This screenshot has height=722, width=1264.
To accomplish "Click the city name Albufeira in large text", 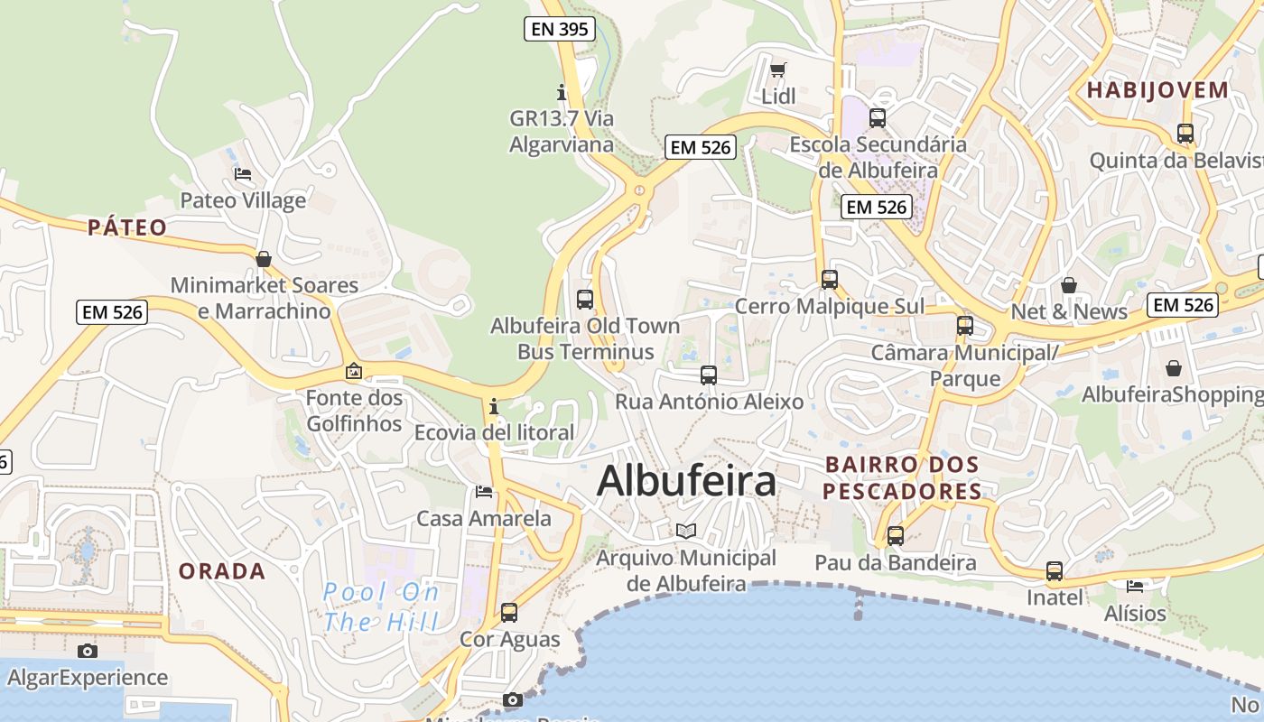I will point(686,481).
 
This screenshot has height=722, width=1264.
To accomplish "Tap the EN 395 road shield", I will point(560,29).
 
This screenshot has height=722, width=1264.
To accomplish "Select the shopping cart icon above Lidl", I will point(777,69).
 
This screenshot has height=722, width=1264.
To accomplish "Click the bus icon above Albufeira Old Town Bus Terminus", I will point(585,299).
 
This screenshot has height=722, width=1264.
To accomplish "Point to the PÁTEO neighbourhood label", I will point(127,227).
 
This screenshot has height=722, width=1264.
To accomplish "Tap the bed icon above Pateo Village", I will point(242,174).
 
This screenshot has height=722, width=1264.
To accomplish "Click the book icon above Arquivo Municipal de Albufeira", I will point(686,531).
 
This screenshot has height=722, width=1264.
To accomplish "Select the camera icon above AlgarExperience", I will point(87,651).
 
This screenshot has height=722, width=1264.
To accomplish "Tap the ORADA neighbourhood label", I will point(222,571).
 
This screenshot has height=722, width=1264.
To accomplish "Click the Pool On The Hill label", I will point(381,606).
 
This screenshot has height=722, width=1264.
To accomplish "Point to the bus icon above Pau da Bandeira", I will point(895,535).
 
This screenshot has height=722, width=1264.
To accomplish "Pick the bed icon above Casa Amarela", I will point(484,492).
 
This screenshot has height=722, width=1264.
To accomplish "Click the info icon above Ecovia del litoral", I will point(494,406).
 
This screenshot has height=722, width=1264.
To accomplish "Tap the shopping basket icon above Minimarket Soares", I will point(264,259).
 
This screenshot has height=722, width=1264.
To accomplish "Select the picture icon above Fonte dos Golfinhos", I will point(354,371).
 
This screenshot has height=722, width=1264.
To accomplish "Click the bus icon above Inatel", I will point(1054,570).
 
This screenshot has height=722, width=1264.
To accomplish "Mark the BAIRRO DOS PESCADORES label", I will point(902,477).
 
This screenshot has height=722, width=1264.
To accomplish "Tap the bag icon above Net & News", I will point(1069,285).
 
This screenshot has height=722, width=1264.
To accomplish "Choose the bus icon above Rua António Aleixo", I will point(709,375).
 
